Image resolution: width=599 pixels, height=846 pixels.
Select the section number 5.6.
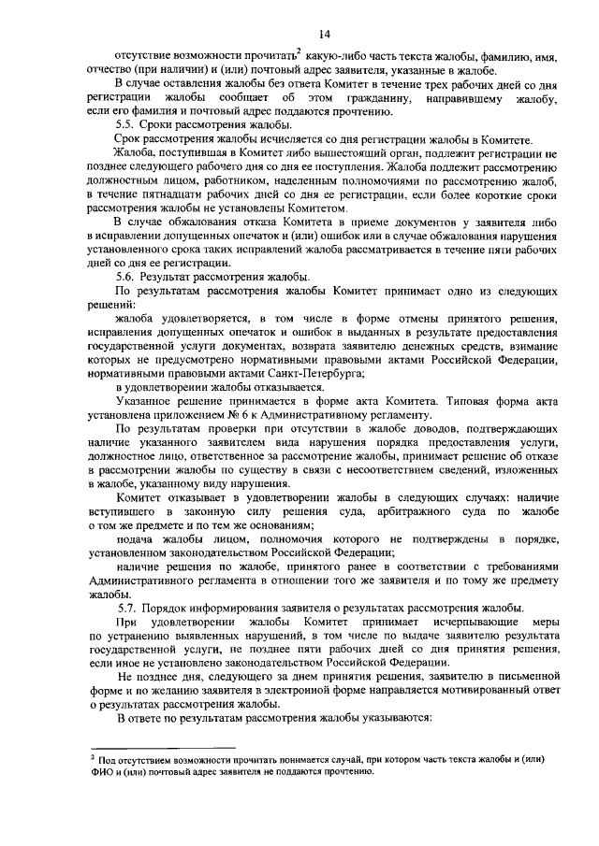127,277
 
